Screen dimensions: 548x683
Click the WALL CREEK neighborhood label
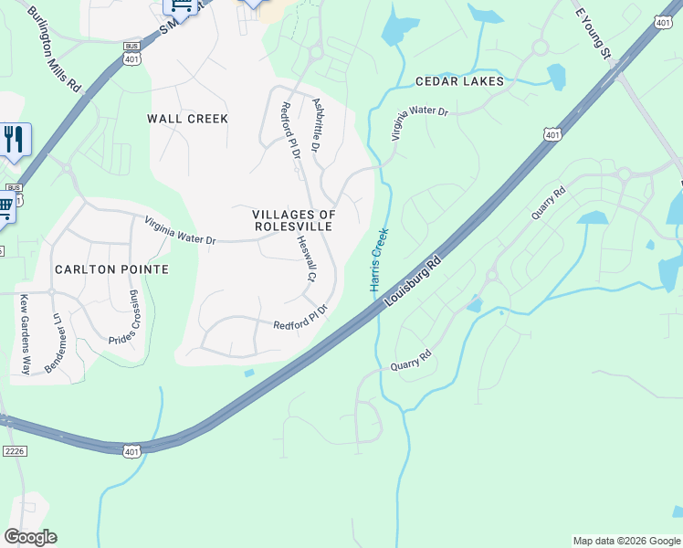(x=187, y=119)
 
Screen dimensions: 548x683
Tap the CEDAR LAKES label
(x=459, y=81)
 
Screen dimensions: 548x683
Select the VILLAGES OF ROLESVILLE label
(x=294, y=220)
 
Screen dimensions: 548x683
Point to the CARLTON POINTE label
(x=111, y=269)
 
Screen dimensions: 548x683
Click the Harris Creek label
(x=379, y=260)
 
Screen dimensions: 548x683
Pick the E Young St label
(x=593, y=35)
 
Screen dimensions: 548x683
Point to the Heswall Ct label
(x=306, y=259)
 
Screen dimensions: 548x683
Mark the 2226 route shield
(x=14, y=450)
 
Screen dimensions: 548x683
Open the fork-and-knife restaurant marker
(x=14, y=140)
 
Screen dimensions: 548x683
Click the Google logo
(x=30, y=537)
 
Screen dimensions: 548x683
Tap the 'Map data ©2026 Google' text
(x=625, y=541)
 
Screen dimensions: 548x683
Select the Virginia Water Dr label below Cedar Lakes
(x=421, y=123)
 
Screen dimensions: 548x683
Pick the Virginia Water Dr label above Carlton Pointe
(x=179, y=229)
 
